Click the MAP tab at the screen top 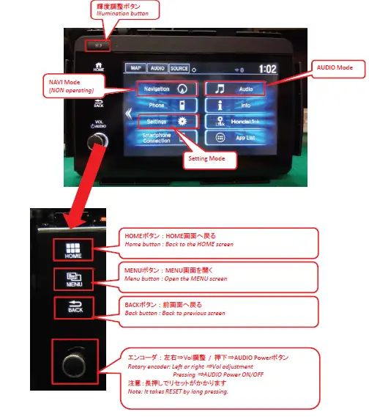click(x=134, y=68)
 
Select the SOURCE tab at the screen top click(x=179, y=68)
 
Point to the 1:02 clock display click(x=267, y=69)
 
